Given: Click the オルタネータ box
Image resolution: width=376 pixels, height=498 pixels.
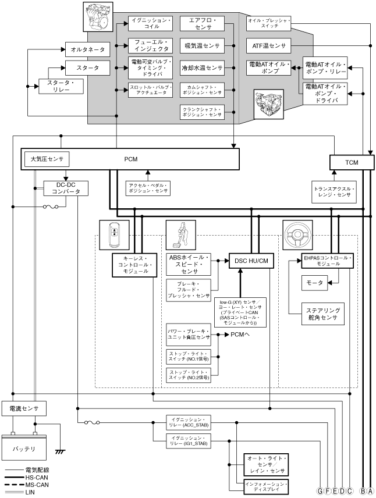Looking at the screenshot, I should pyautogui.click(x=84, y=50).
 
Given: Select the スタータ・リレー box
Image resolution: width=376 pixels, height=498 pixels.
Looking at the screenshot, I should pyautogui.click(x=61, y=87).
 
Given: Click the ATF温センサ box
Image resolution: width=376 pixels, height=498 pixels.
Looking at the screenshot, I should pyautogui.click(x=268, y=45).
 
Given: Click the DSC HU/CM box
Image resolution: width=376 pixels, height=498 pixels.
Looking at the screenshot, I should pyautogui.click(x=252, y=261).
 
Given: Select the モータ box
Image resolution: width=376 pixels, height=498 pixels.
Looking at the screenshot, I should pyautogui.click(x=313, y=283).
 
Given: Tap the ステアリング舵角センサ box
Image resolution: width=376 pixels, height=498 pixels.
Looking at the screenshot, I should pyautogui.click(x=321, y=314).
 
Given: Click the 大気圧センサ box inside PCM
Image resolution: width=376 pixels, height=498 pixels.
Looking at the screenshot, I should pyautogui.click(x=47, y=159).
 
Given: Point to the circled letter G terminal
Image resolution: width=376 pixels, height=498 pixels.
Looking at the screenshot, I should pyautogui.click(x=320, y=490).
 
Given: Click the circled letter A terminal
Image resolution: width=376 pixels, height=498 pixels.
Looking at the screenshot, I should pyautogui.click(x=371, y=490).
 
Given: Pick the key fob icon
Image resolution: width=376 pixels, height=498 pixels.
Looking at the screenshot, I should pyautogui.click(x=113, y=234).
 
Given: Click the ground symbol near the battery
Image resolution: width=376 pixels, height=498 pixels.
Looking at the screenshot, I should pyautogui.click(x=59, y=451).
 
